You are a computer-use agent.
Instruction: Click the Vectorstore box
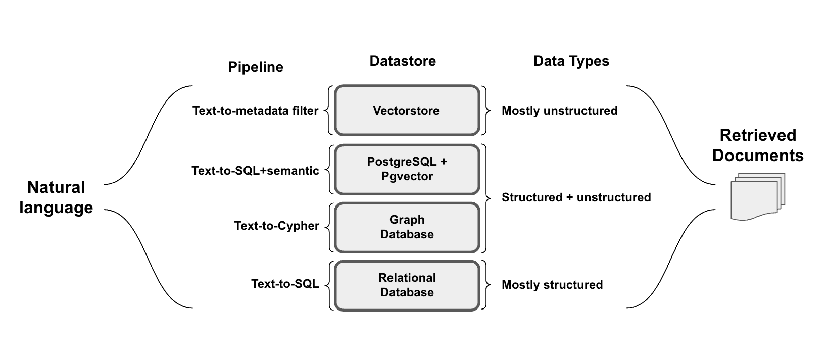click(x=407, y=111)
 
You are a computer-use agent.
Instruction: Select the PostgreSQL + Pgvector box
click(x=407, y=169)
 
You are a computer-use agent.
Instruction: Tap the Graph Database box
click(x=407, y=227)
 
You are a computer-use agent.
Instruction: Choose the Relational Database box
click(x=407, y=285)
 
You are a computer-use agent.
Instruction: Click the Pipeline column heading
click(x=256, y=67)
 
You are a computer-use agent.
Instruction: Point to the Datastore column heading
click(x=403, y=61)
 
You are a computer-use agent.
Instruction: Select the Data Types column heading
click(x=571, y=61)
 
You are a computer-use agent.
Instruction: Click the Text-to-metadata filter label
click(x=255, y=111)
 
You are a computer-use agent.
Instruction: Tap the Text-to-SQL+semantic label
click(x=255, y=171)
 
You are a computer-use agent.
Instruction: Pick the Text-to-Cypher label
click(x=276, y=226)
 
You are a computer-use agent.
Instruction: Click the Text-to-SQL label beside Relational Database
click(x=285, y=284)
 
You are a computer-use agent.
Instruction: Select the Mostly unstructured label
click(x=559, y=111)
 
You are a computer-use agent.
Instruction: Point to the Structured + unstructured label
click(x=576, y=197)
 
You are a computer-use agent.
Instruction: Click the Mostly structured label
click(x=552, y=285)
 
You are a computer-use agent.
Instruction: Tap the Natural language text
click(x=56, y=197)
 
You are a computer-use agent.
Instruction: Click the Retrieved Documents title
click(x=757, y=145)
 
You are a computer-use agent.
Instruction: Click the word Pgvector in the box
click(x=407, y=177)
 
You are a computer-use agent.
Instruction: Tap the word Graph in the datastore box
click(x=407, y=220)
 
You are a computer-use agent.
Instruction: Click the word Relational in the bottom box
click(x=407, y=278)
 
